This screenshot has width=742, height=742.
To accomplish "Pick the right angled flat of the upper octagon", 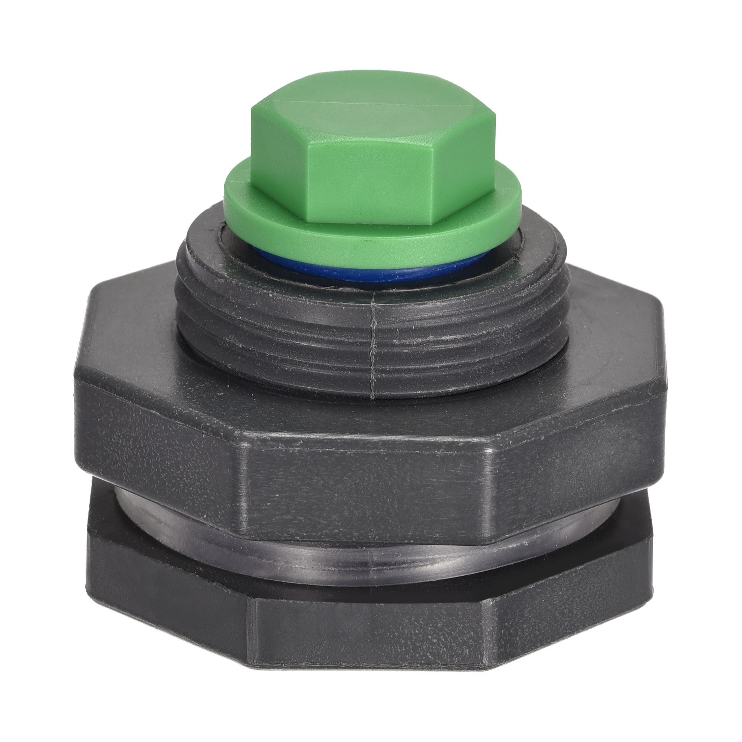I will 576,449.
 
